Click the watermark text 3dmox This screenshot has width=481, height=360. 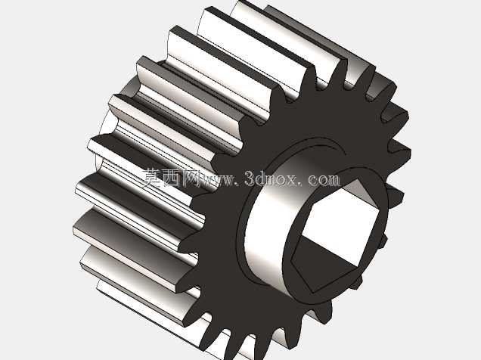point(271,178)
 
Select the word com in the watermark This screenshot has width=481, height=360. point(324,180)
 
